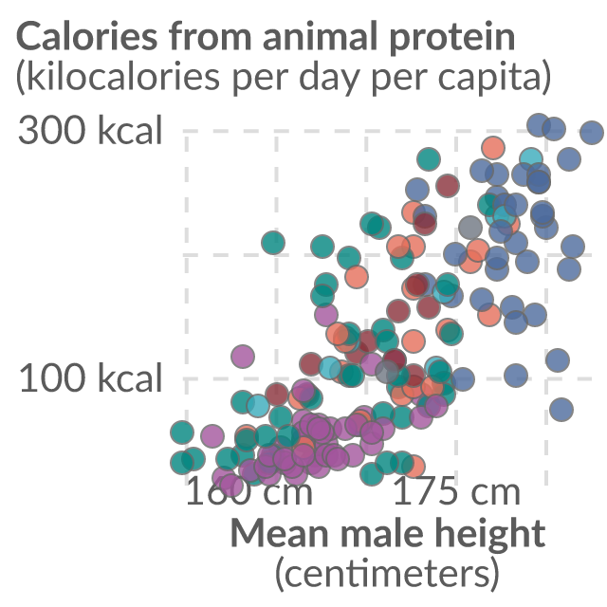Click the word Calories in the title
[x=87, y=37]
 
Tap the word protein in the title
[x=452, y=40]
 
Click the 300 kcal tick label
[x=90, y=130]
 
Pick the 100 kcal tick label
[x=90, y=377]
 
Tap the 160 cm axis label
[x=249, y=491]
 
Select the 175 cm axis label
[x=457, y=491]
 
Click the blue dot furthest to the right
[x=592, y=132]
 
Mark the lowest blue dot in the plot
[x=561, y=409]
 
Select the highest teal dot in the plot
[x=429, y=159]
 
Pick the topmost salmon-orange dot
[x=493, y=148]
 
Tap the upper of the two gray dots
[x=470, y=228]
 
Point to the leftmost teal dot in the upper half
[x=273, y=243]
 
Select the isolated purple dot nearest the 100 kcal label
[x=243, y=356]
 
